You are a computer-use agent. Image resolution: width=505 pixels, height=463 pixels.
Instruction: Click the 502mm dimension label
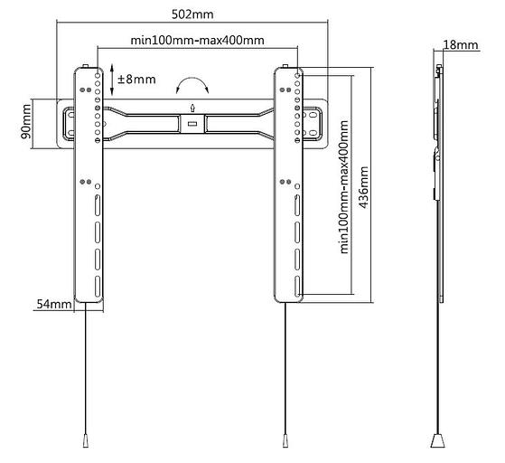tap(192, 14)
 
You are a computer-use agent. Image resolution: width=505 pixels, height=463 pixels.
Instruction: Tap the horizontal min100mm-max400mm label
tap(198, 41)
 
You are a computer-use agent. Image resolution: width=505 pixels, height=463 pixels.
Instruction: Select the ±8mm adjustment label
tap(136, 79)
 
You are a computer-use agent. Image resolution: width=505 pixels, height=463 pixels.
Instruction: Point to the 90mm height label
tap(26, 121)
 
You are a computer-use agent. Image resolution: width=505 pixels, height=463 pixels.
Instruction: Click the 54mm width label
tap(54, 304)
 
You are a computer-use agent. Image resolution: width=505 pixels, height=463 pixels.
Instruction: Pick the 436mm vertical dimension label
tap(363, 187)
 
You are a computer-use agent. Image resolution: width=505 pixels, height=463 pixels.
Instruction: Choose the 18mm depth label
tap(461, 45)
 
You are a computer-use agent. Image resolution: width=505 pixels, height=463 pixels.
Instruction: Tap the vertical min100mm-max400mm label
tap(344, 187)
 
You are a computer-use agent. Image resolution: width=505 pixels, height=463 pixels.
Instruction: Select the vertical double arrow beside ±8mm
tap(112, 80)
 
